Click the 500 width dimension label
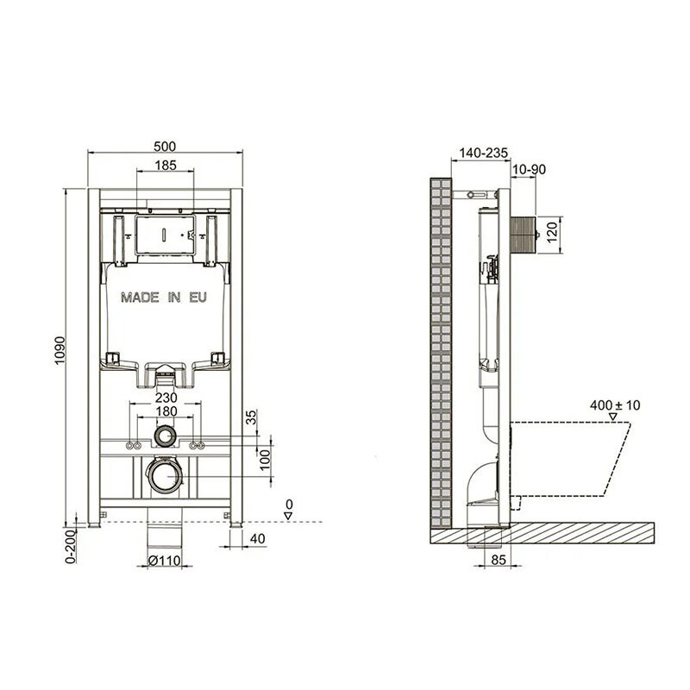[x=165, y=146]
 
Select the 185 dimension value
[x=166, y=165]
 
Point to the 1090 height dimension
[x=60, y=350]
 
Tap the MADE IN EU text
[x=164, y=298]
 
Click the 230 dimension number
[x=166, y=398]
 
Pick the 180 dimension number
[x=166, y=411]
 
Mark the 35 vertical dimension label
[x=250, y=417]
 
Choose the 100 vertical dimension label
[x=265, y=460]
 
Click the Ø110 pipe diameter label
[x=165, y=560]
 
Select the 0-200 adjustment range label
[x=71, y=547]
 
